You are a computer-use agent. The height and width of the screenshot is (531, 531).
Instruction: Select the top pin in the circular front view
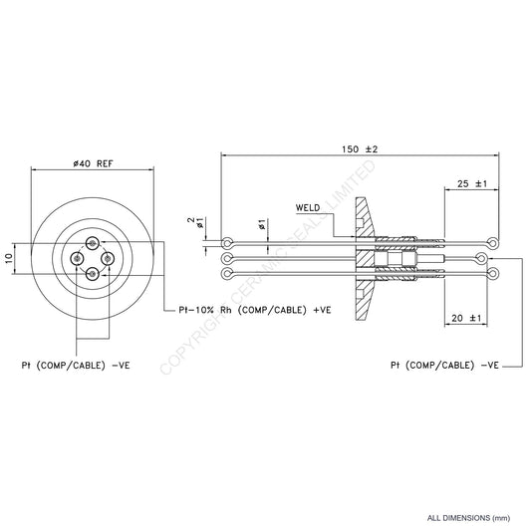(93, 243)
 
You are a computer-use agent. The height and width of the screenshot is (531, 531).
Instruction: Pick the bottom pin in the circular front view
(93, 273)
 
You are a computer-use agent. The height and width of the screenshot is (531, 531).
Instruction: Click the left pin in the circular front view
(78, 258)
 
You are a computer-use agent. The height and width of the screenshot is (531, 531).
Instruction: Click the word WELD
(309, 207)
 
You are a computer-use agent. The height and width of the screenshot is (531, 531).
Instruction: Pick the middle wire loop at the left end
(230, 258)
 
